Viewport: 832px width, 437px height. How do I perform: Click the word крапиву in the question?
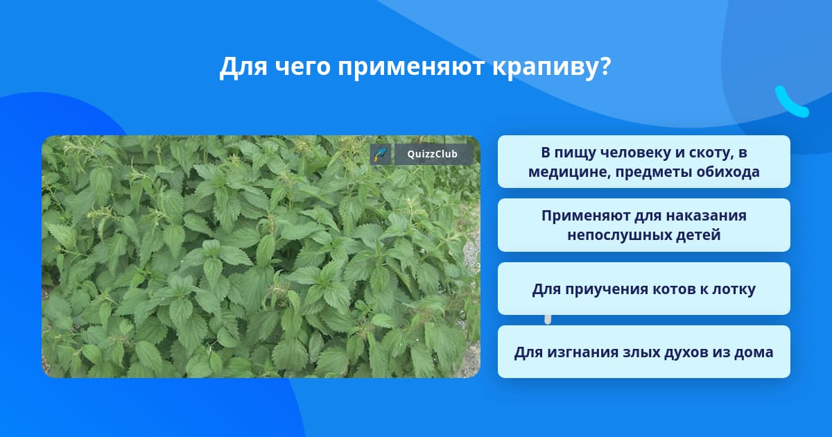[x=546, y=68]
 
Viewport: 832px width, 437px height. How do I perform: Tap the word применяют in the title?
[x=411, y=68]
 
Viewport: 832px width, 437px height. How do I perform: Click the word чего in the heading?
[x=303, y=68]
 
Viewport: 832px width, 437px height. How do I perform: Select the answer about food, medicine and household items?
[x=643, y=162]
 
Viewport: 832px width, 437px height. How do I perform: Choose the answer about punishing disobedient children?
[x=643, y=225]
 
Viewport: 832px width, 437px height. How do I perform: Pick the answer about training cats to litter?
[x=643, y=289]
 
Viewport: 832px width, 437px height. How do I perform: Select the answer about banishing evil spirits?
[x=643, y=352]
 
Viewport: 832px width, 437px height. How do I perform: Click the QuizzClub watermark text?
[x=433, y=154]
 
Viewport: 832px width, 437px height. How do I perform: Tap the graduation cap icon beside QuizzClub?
[x=381, y=154]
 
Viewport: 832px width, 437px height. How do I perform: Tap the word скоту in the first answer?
[x=711, y=153]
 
